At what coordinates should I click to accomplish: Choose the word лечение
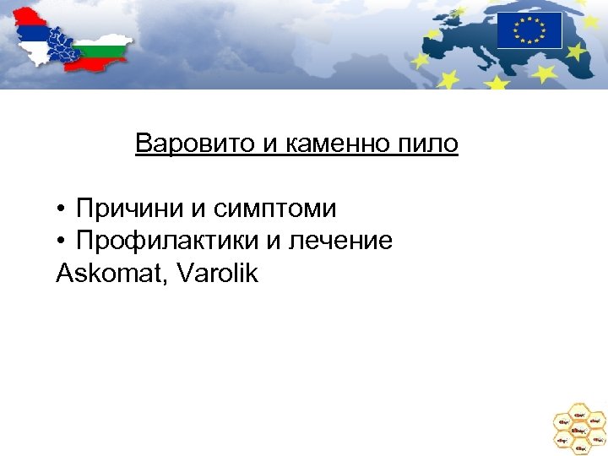[340, 241]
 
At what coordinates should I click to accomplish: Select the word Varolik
[217, 274]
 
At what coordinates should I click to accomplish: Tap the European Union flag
[529, 30]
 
